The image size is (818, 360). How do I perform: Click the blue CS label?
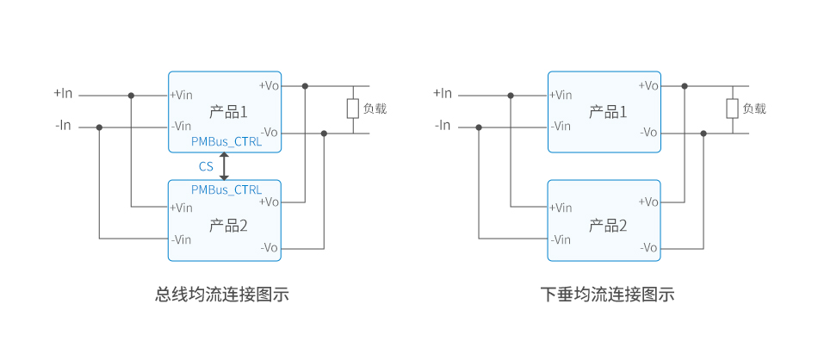coord(206,167)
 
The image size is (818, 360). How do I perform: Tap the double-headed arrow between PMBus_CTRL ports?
coord(225,166)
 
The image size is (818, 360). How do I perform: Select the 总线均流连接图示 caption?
coord(221,295)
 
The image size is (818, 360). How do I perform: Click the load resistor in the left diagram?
coord(353,109)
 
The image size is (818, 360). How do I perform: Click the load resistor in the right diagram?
coord(733,109)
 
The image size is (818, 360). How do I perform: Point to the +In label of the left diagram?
coord(64,93)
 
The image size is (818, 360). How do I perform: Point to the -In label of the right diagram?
coord(443,126)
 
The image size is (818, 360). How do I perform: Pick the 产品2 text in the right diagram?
coord(608,226)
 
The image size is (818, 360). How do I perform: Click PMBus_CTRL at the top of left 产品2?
coord(226,189)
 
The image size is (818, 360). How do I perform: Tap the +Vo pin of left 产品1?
coord(269,85)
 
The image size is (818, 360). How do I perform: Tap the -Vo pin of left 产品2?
coord(269,247)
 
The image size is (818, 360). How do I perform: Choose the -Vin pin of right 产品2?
coord(561,239)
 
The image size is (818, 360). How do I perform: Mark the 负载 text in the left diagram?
coord(375,109)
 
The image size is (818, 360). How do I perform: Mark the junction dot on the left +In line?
coord(131,95)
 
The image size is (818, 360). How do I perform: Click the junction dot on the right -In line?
coord(479,127)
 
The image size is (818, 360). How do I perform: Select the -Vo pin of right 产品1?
coord(648,133)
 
